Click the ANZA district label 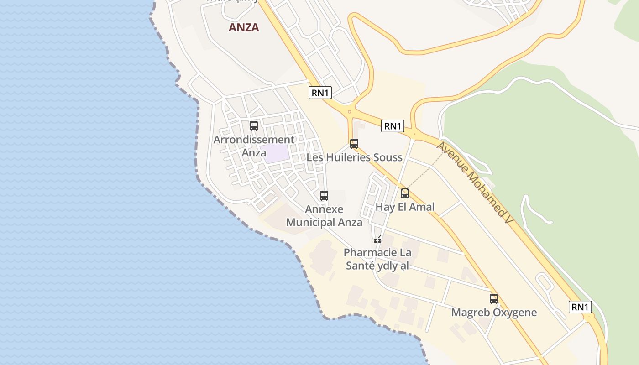(x=244, y=27)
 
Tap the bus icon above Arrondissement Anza (x=254, y=125)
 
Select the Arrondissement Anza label (x=254, y=146)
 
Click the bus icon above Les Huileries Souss (x=354, y=144)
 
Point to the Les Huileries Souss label (x=354, y=158)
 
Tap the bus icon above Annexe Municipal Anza (x=324, y=196)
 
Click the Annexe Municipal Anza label (x=324, y=216)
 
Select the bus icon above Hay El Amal (x=405, y=193)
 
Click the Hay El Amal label (x=405, y=207)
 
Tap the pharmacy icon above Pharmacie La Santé (x=377, y=239)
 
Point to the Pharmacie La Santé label (x=377, y=259)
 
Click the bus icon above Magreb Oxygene (x=494, y=299)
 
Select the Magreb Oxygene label (x=494, y=313)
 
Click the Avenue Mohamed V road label (x=474, y=182)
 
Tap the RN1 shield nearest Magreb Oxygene (x=580, y=307)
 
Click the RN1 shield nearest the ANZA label (x=320, y=93)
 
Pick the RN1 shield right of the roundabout (x=393, y=126)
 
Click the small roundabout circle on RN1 (x=349, y=111)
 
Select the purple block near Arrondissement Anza (x=278, y=153)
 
